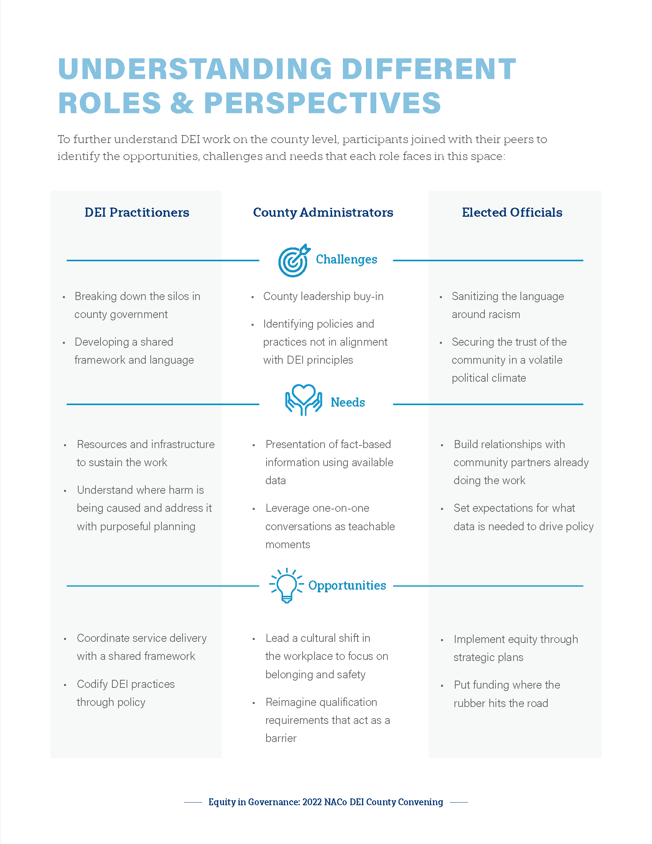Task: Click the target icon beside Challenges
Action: point(293,260)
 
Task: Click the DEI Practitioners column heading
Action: point(137,213)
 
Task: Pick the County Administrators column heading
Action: point(323,213)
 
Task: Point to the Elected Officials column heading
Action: point(512,213)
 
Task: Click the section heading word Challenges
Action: point(346,259)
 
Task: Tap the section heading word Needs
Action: point(347,403)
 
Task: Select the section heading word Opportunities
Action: point(347,585)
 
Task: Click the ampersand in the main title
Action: point(181,103)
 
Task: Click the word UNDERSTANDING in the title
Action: point(195,69)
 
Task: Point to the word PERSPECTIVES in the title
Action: point(323,103)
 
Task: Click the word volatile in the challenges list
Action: point(545,360)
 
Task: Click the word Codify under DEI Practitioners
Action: point(92,684)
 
